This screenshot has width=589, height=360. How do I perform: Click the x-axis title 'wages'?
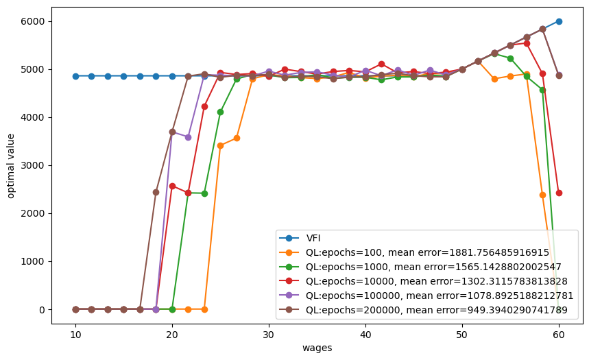click(317, 348)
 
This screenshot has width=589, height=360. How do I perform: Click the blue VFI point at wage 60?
click(559, 21)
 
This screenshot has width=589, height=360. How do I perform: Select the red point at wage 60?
click(559, 193)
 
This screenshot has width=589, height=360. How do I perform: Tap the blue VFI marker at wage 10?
click(75, 76)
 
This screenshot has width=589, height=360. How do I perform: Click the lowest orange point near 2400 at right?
click(542, 195)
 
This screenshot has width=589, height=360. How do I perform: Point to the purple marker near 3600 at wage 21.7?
click(188, 137)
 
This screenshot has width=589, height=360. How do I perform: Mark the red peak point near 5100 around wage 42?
click(381, 64)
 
